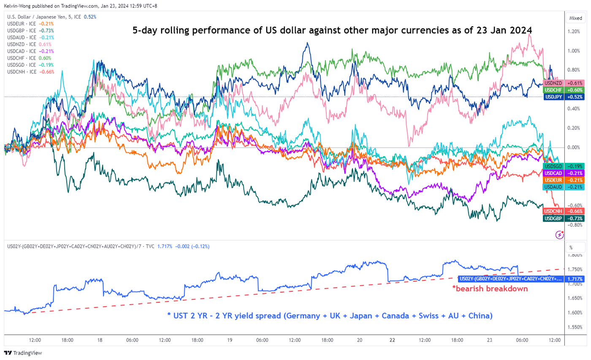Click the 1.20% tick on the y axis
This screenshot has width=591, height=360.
tap(574, 32)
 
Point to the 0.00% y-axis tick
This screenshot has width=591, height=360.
tap(574, 147)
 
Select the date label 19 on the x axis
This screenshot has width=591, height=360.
tap(230, 340)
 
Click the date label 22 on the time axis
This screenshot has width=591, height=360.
tap(392, 340)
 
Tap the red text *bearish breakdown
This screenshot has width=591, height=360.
tap(490, 289)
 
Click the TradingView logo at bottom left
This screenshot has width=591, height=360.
tap(23, 353)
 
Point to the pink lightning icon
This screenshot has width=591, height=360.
tap(560, 234)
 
